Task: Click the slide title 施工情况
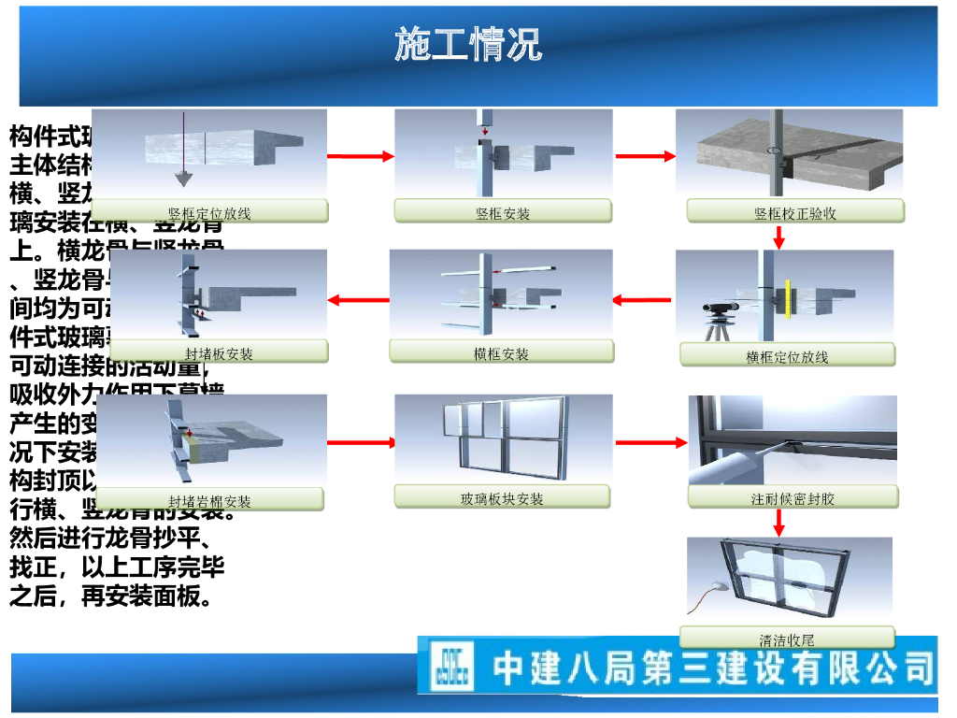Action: click(x=467, y=44)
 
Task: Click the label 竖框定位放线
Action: click(x=209, y=212)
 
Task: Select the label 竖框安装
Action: click(x=503, y=212)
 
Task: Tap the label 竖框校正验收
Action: click(x=795, y=212)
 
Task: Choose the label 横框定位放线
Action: click(x=787, y=355)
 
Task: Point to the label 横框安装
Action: click(x=502, y=352)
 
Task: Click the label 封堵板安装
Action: click(x=218, y=352)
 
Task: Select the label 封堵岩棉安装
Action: click(x=209, y=500)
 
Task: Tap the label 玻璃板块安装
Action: click(x=502, y=497)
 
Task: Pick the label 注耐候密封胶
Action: click(x=793, y=497)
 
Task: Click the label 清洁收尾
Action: click(x=787, y=639)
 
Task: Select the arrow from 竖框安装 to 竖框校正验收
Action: click(x=645, y=156)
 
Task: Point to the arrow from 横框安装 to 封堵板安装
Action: click(x=359, y=300)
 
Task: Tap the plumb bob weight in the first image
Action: click(x=184, y=178)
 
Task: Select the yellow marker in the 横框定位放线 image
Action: click(x=788, y=299)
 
